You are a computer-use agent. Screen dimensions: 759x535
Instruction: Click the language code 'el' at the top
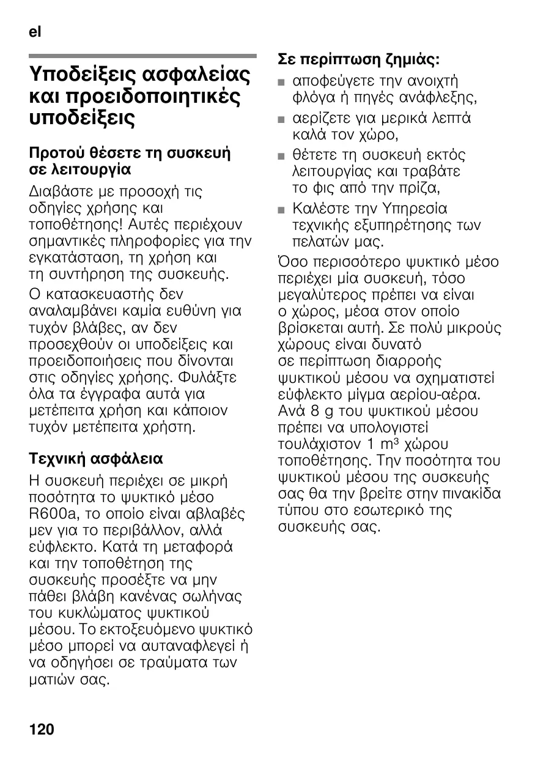(x=35, y=32)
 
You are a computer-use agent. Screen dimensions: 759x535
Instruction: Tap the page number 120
(x=42, y=729)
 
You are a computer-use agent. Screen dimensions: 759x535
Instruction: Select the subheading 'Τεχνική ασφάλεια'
(x=97, y=458)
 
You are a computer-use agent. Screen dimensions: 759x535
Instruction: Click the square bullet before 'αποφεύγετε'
(x=281, y=82)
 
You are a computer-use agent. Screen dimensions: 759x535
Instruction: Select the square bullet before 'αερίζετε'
(x=281, y=119)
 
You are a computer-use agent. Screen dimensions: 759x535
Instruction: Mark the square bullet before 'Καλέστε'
(x=281, y=209)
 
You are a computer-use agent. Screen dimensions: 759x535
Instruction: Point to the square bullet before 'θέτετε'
(x=281, y=155)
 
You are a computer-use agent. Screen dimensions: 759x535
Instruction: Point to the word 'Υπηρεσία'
(x=413, y=209)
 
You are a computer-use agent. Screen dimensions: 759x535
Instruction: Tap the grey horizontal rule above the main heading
(x=142, y=56)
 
